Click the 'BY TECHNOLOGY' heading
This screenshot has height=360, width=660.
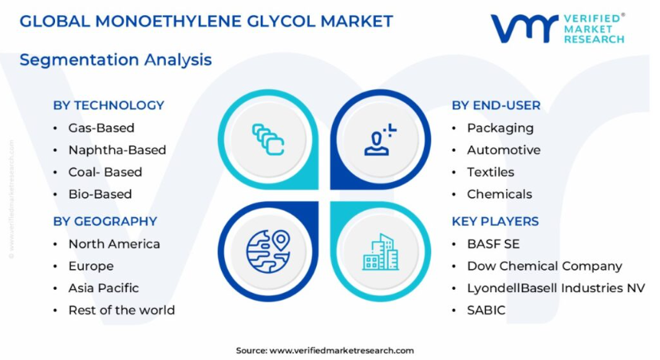click(109, 105)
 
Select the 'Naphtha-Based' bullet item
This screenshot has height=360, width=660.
click(117, 150)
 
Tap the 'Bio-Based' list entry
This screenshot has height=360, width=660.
click(101, 194)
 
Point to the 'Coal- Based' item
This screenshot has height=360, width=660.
click(105, 172)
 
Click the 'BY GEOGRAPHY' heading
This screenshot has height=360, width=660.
click(105, 221)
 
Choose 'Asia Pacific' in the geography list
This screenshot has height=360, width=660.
click(104, 288)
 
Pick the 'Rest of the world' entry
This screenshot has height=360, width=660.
click(121, 311)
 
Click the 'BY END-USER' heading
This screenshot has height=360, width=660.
click(496, 105)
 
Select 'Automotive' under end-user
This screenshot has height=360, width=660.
click(504, 150)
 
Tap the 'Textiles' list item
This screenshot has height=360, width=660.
click(491, 172)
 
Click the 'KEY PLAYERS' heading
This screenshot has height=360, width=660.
click(496, 221)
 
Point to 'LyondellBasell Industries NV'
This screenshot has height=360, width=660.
click(556, 288)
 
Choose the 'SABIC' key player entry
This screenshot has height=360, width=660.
click(486, 311)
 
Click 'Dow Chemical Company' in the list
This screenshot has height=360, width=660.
click(544, 266)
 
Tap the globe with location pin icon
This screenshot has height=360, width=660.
click(268, 251)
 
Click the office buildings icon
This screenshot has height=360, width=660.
click(381, 251)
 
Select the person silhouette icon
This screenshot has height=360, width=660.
click(380, 140)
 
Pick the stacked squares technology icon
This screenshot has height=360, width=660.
click(268, 140)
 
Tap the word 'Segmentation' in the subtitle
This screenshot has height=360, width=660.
click(79, 60)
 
